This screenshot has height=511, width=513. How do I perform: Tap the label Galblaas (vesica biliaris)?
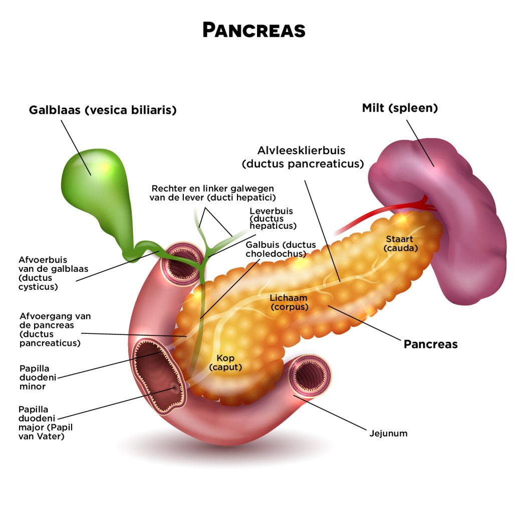coord(103,110)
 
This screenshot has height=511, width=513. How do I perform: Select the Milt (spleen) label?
coord(400,108)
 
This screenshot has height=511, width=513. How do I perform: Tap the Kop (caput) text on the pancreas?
coord(225,363)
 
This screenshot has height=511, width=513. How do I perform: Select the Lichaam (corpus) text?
coord(290,302)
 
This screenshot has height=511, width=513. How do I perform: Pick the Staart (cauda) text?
coord(400,243)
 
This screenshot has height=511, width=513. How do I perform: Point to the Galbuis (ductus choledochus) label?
coord(281,249)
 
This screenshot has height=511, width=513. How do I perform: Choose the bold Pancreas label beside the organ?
coord(430,344)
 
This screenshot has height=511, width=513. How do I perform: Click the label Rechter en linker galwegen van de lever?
coord(212,193)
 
